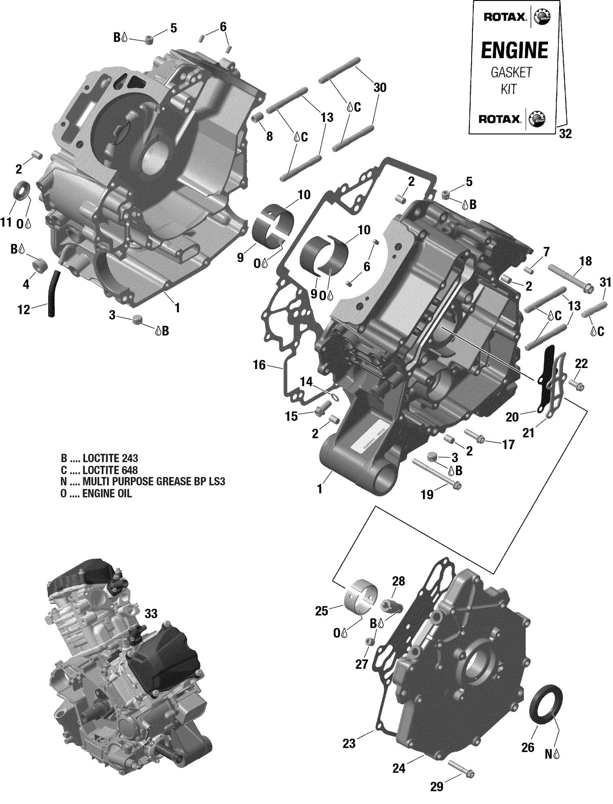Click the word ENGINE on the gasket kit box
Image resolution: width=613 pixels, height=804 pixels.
[514, 51]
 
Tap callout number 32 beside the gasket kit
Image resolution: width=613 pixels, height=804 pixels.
[565, 134]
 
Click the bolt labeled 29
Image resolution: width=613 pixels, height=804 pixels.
[461, 768]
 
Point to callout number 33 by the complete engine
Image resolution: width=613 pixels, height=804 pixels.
[151, 614]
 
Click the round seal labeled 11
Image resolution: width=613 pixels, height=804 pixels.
[22, 190]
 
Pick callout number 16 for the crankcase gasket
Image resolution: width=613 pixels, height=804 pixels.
[259, 364]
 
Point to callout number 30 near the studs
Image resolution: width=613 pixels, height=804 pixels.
[380, 88]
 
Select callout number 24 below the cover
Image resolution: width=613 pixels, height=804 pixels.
[398, 768]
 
